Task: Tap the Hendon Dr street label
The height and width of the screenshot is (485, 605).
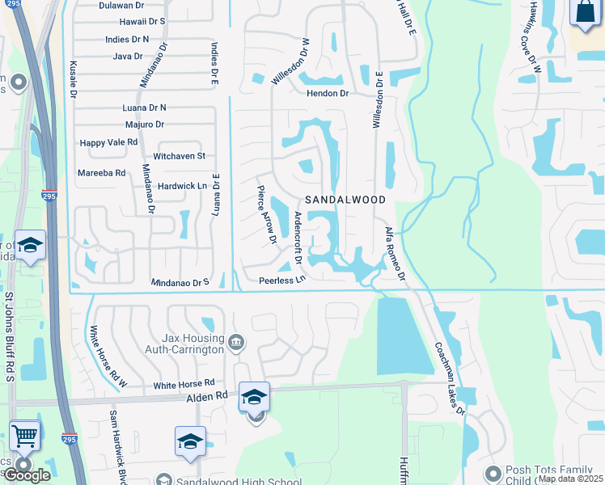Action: pos(327,94)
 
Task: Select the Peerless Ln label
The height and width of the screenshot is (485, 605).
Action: pos(282,280)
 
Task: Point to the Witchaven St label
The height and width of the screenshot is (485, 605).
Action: pos(180,155)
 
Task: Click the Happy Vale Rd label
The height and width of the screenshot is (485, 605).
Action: pos(109,142)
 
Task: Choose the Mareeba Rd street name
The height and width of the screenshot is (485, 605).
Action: pos(101,173)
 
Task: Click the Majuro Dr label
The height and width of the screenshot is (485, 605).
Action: pos(145,124)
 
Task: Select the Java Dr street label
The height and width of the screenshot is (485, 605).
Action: pos(128,57)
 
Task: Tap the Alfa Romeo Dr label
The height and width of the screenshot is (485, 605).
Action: pos(394,253)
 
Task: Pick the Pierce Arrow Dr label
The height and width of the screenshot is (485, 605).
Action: pos(266,217)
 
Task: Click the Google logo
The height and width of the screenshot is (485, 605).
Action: pos(27,475)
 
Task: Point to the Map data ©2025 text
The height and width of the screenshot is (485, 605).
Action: pos(570,479)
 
